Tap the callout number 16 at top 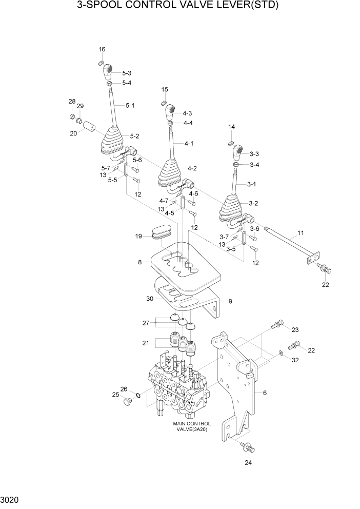click(x=102, y=49)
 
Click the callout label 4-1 click(x=189, y=143)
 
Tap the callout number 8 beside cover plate click(x=139, y=262)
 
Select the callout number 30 click(x=149, y=299)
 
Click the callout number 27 click(x=145, y=323)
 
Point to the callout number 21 click(x=145, y=343)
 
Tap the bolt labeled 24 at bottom click(x=248, y=447)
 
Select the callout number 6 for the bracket click(x=265, y=393)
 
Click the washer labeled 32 click(x=281, y=354)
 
